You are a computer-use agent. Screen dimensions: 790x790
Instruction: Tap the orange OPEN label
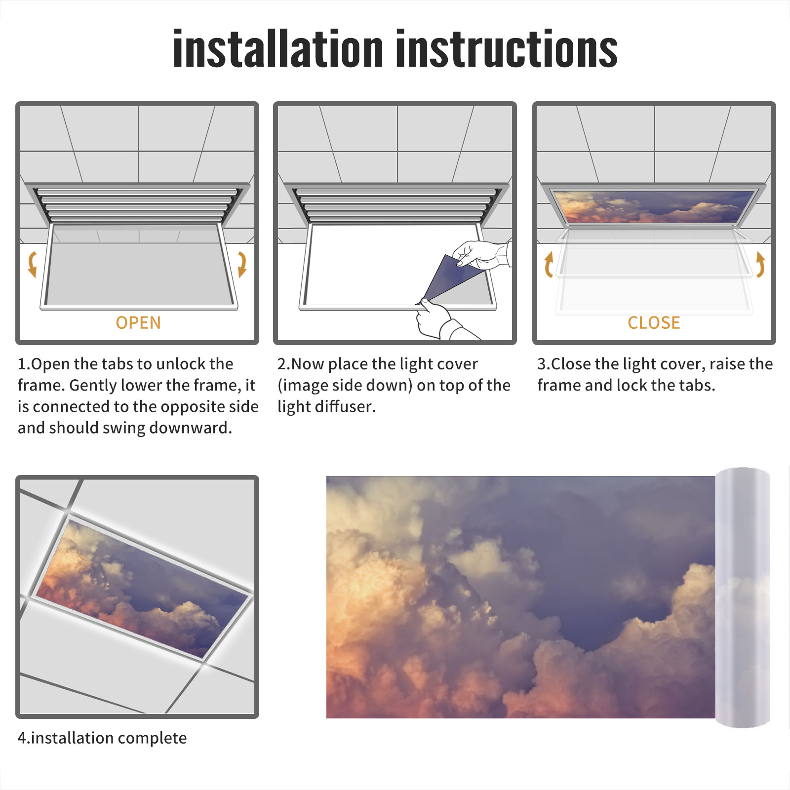[138, 323]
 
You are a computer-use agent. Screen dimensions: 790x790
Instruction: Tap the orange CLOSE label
[654, 323]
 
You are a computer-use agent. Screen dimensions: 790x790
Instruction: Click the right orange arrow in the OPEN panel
[242, 264]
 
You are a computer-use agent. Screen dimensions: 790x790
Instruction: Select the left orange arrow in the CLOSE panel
[548, 264]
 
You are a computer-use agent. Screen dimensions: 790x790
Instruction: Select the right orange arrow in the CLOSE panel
[760, 264]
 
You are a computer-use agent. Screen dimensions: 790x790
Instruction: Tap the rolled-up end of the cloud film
[743, 597]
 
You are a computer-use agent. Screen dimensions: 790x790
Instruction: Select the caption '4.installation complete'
[102, 738]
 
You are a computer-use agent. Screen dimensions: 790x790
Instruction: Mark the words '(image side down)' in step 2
[345, 385]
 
